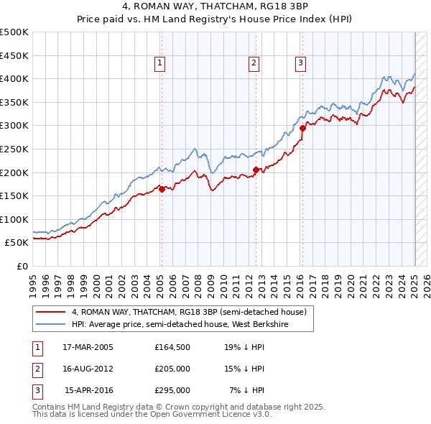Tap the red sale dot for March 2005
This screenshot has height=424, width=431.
[x=162, y=189]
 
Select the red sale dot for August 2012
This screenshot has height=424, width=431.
[x=256, y=170]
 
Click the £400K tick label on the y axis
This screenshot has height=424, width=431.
[x=14, y=79]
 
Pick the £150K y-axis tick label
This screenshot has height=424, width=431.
[x=14, y=195]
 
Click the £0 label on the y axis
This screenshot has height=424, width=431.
[x=23, y=266]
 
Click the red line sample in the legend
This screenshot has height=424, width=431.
[x=51, y=313]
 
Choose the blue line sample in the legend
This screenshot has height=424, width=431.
[x=51, y=324]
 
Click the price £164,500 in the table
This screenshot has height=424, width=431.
[x=172, y=346]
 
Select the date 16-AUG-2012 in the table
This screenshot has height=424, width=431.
[x=88, y=369]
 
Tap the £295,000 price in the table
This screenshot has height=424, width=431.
[x=172, y=390]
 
